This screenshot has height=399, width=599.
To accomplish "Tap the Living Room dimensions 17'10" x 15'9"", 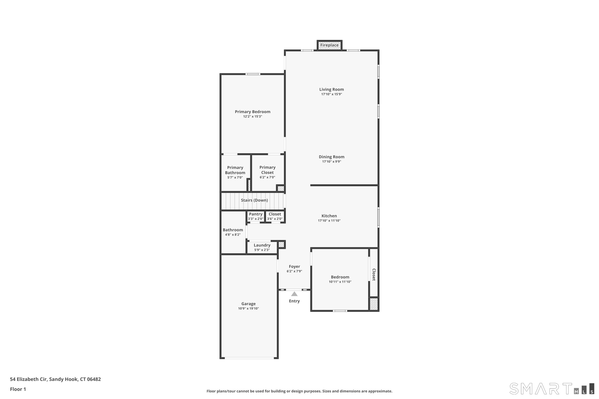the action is click(332, 94).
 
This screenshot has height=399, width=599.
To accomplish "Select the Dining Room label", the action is click(332, 157).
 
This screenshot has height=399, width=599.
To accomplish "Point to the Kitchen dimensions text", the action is click(329, 221).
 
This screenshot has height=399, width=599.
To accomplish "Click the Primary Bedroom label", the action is click(253, 112).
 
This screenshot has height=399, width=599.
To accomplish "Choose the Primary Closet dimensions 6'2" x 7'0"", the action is click(267, 177).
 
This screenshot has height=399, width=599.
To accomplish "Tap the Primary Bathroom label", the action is click(235, 170).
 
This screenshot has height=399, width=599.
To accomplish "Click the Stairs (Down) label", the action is click(254, 200).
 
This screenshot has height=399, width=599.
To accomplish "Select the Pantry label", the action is click(256, 214).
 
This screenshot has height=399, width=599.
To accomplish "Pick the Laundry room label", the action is click(262, 245).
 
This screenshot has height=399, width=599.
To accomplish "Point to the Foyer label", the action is click(294, 266).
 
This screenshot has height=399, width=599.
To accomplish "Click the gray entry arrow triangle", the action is click(294, 294).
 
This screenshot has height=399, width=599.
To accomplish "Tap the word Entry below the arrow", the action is click(294, 301).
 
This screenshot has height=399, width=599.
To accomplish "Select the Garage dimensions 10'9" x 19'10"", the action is click(249, 308).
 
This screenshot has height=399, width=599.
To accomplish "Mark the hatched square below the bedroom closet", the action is click(374, 304).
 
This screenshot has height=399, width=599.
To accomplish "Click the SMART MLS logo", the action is click(552, 389).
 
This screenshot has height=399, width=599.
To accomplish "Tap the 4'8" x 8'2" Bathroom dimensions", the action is click(233, 235).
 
